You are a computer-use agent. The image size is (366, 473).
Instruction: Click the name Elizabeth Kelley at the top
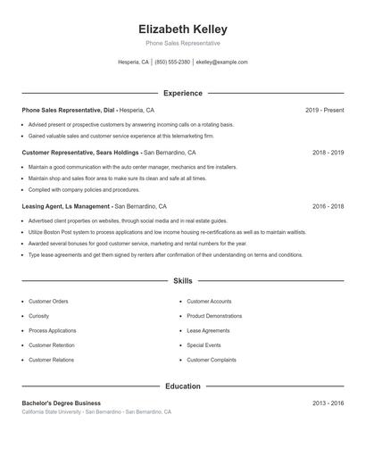183,29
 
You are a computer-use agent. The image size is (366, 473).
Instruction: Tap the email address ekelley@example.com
221,62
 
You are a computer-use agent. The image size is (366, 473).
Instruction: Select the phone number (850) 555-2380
172,62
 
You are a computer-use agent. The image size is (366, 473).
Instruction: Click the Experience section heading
183,93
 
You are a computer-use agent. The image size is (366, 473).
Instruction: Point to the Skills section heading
183,280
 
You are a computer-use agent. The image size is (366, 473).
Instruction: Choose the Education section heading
183,386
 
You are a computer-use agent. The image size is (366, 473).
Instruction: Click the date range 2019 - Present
324,110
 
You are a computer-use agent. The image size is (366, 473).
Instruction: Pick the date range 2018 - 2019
328,153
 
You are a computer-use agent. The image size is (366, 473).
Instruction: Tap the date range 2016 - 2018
328,206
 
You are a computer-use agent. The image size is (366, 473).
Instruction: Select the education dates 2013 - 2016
328,403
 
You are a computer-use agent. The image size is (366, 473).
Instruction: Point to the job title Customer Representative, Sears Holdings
80,153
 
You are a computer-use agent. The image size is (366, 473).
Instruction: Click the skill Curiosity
39,316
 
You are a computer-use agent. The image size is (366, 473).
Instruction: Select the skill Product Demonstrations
214,316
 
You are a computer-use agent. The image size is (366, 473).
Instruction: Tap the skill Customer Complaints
212,360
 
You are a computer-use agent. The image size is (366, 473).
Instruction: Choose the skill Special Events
203,345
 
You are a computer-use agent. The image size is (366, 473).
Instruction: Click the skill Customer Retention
52,345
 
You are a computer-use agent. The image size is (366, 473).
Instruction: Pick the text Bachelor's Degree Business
62,403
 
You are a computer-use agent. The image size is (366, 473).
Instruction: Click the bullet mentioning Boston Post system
167,232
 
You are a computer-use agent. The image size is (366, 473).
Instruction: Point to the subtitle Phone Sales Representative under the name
183,43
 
